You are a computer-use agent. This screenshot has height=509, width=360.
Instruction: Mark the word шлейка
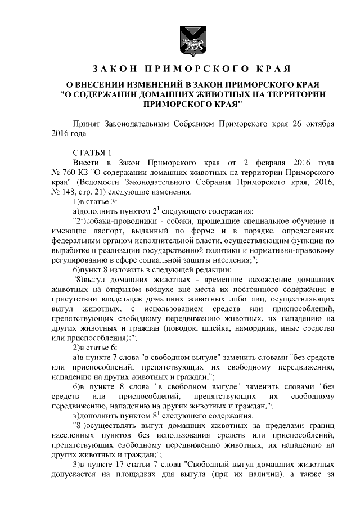pyautogui.click(x=220, y=328)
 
